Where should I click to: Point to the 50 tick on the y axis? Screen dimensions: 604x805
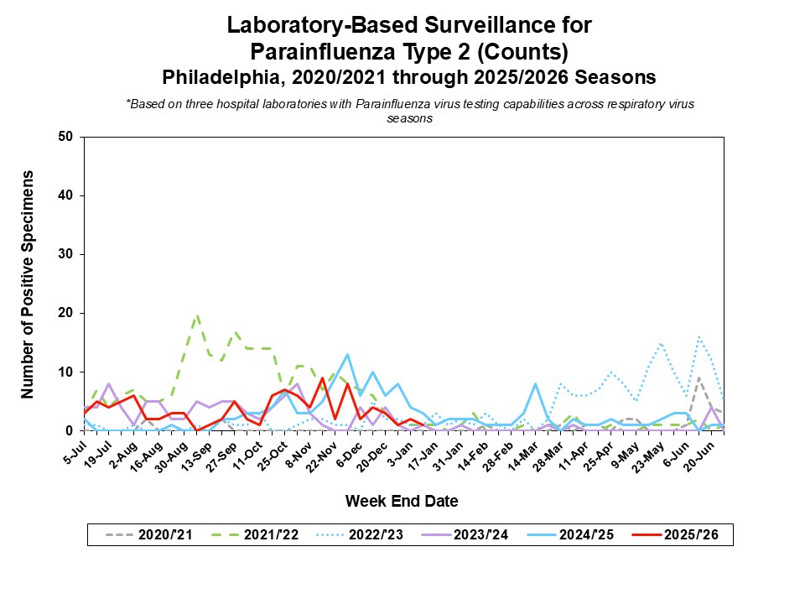coord(65,137)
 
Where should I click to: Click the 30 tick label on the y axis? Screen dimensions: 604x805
coord(65,254)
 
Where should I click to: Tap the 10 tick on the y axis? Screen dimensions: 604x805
coord(65,372)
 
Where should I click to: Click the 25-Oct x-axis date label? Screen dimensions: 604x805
coord(273,453)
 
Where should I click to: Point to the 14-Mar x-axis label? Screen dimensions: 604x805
coord(524,453)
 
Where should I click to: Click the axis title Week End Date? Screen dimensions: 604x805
coord(402,502)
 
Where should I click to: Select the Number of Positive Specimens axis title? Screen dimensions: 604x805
coord(27,284)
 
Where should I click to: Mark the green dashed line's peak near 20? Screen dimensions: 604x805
coord(197,315)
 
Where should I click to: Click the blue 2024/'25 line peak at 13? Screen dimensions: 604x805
coord(347,354)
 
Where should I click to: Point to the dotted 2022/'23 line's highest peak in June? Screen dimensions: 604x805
coord(699,336)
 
